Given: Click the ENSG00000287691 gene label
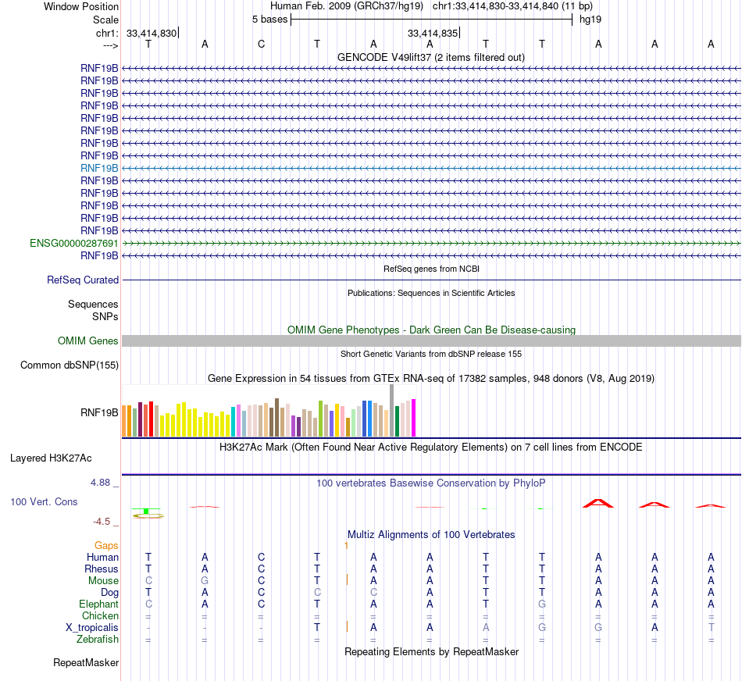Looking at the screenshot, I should pyautogui.click(x=74, y=243).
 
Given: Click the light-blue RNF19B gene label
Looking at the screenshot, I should pyautogui.click(x=99, y=168).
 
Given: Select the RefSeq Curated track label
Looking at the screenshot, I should pyautogui.click(x=83, y=280).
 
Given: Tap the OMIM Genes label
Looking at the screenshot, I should pyautogui.click(x=88, y=340).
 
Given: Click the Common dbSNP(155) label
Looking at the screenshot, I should pyautogui.click(x=70, y=365).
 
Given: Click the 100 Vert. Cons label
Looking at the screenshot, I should pyautogui.click(x=44, y=501).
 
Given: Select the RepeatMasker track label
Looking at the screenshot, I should pyautogui.click(x=86, y=663).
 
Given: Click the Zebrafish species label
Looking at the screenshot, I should pyautogui.click(x=98, y=640).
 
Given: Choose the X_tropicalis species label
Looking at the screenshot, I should pyautogui.click(x=92, y=628).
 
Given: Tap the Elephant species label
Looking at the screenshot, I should pyautogui.click(x=98, y=604).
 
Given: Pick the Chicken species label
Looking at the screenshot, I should pyautogui.click(x=100, y=616).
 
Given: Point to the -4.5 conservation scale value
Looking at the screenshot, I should pyautogui.click(x=105, y=522).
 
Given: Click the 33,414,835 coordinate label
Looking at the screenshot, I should pyautogui.click(x=432, y=33).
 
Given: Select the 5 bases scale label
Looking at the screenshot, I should pyautogui.click(x=269, y=19).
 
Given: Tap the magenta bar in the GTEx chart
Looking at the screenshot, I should pyautogui.click(x=414, y=417).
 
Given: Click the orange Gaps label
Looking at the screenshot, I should pyautogui.click(x=106, y=545).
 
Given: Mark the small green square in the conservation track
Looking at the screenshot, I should pyautogui.click(x=146, y=511).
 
